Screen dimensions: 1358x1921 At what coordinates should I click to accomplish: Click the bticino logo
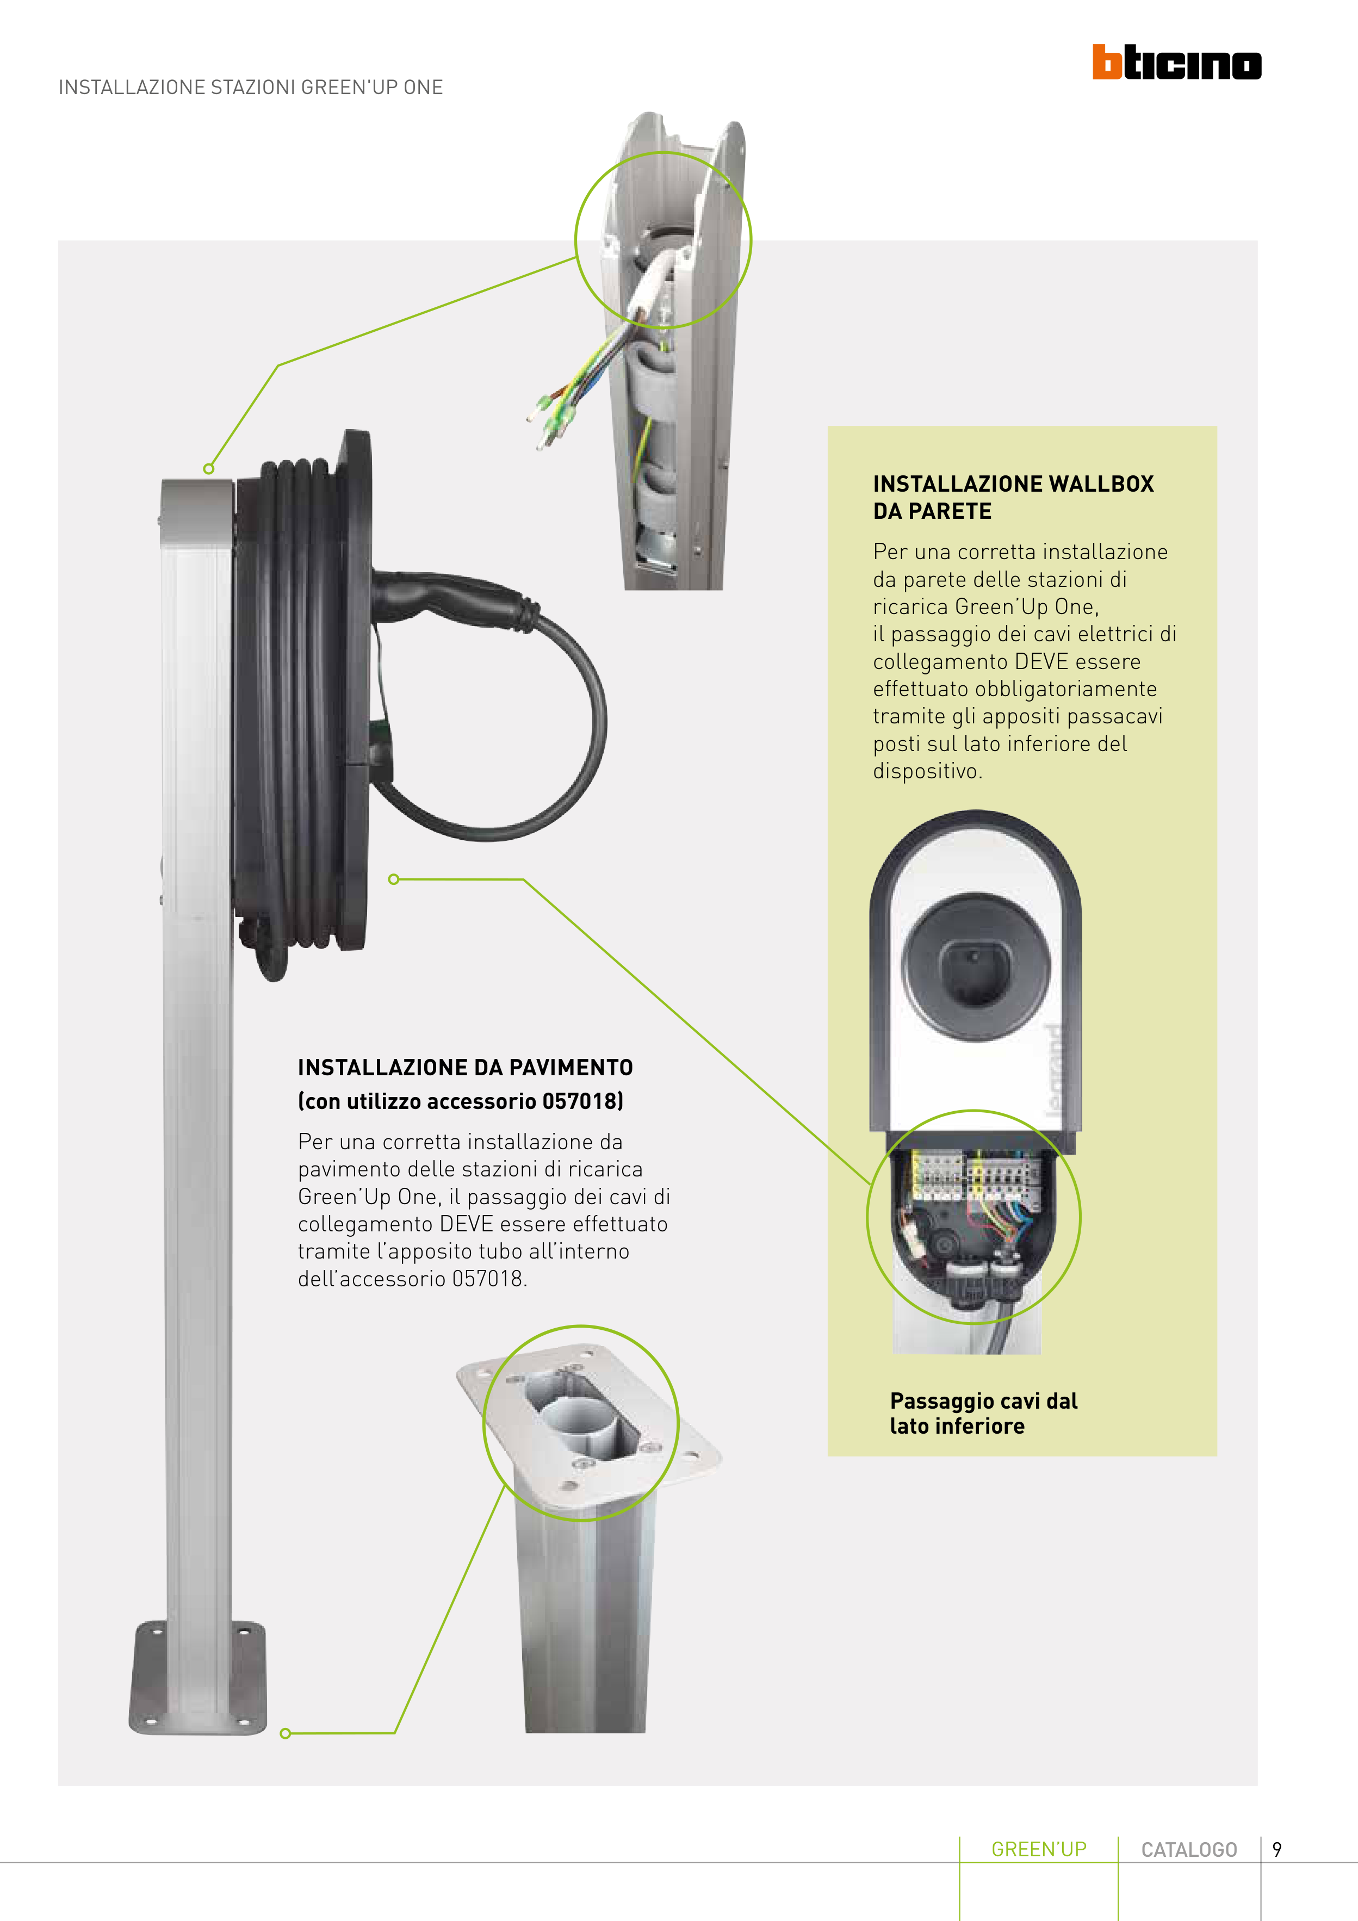coord(1176,63)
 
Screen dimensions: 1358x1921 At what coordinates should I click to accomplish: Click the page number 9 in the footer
coord(1277,1849)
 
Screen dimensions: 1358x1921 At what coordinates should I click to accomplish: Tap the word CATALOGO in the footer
coord(1189,1849)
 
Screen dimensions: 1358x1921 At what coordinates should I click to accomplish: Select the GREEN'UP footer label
coord(1038,1849)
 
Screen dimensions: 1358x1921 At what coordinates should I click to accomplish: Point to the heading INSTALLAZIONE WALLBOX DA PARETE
coord(1013,497)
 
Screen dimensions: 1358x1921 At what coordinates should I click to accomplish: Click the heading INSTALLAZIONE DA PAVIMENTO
coord(465,1068)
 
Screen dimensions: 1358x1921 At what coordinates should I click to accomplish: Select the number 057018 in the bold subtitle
coord(580,1101)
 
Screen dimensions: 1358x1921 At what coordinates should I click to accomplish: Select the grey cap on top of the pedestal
coord(197,509)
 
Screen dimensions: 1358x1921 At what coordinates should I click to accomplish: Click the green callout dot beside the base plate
coord(286,1733)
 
